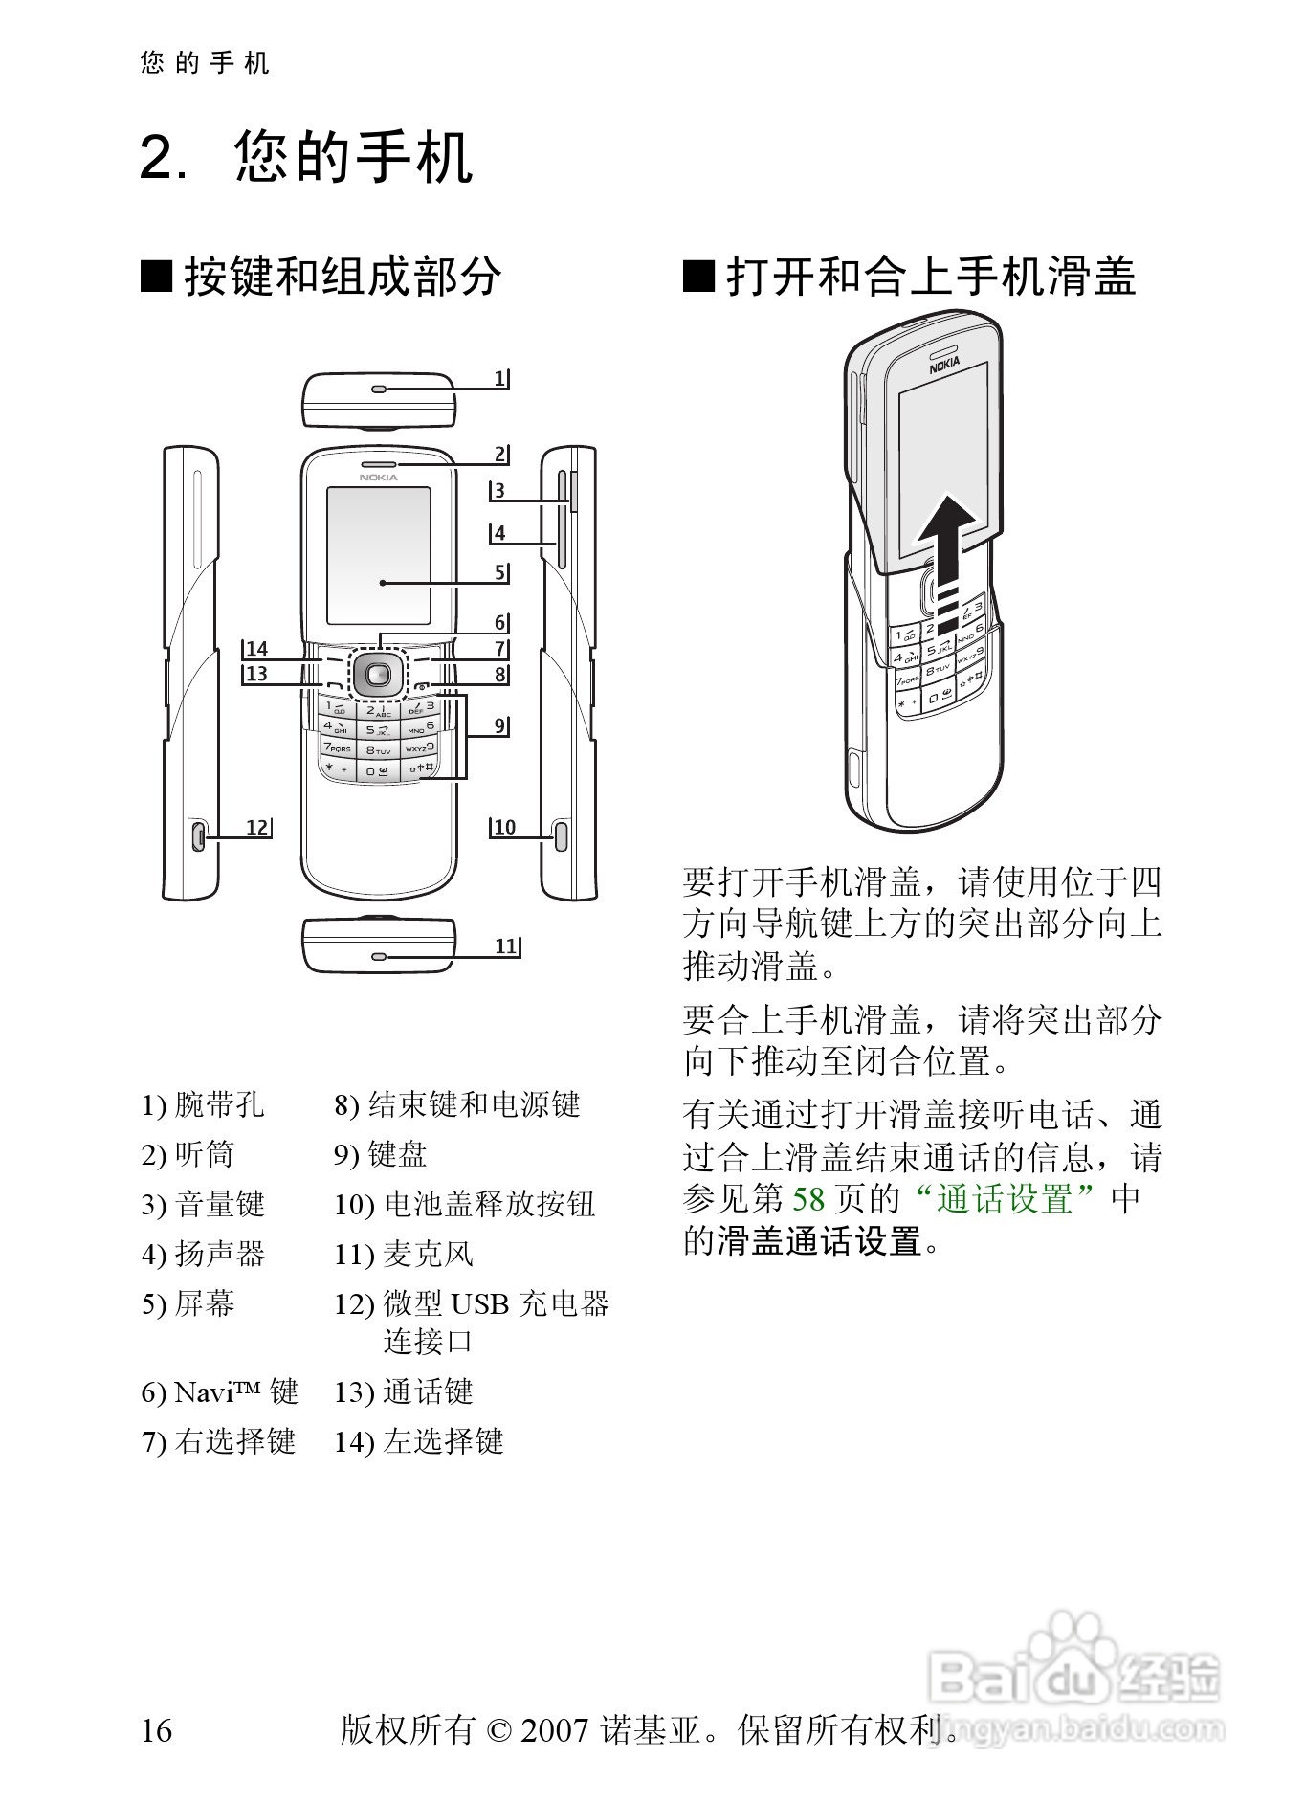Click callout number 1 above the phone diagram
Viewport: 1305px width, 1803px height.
[x=499, y=379]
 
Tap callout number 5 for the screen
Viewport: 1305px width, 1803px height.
[x=499, y=572]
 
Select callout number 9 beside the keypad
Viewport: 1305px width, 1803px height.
[x=499, y=725]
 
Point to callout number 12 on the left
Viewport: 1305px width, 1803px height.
[x=256, y=827]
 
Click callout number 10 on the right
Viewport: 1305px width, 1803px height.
[x=504, y=827]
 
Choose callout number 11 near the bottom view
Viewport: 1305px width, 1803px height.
[x=506, y=946]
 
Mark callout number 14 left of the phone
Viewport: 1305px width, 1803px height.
[x=256, y=649]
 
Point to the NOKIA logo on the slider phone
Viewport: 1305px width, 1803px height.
[x=944, y=363]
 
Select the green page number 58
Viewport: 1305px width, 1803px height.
[x=808, y=1198]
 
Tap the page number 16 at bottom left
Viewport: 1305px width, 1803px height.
[x=157, y=1730]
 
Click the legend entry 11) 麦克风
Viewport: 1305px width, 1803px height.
[x=403, y=1254]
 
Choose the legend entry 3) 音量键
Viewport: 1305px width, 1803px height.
[x=203, y=1204]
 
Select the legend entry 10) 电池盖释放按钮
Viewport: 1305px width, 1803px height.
[x=464, y=1204]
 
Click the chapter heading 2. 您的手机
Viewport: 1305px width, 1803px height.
[x=306, y=158]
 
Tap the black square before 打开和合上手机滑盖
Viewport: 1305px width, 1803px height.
[x=698, y=278]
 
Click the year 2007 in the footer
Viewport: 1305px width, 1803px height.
[x=553, y=1730]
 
